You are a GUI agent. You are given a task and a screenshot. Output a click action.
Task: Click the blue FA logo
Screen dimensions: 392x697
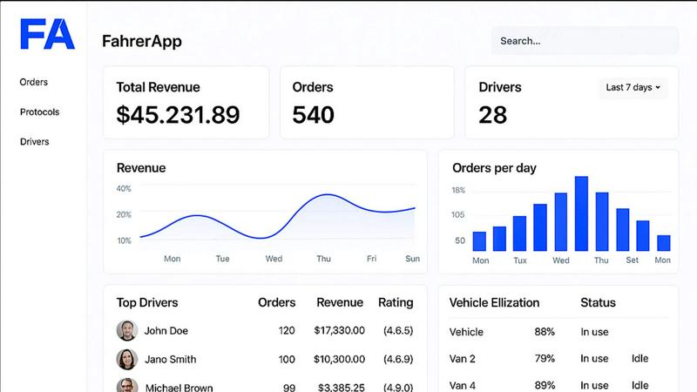tap(48, 34)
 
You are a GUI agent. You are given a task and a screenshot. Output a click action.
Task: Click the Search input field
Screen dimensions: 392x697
tap(584, 41)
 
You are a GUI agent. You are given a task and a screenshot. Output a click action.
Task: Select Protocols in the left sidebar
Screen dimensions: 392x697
tap(39, 112)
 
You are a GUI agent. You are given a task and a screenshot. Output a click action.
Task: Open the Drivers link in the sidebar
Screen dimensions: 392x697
tap(35, 142)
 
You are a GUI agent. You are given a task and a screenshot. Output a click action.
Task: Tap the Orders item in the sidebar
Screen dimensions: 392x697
tap(34, 83)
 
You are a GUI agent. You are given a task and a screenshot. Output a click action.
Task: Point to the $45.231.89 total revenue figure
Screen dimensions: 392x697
tap(178, 115)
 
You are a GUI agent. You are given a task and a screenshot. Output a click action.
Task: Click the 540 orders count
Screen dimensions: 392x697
tap(313, 115)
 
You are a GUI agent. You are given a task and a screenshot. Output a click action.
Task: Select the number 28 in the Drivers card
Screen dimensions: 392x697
tap(493, 115)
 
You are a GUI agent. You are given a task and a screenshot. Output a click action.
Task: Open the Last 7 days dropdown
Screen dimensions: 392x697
tap(633, 88)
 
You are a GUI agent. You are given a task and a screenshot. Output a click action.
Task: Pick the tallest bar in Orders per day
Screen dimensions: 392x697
tap(581, 213)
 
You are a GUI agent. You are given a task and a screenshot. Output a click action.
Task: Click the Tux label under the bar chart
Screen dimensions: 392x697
tap(520, 260)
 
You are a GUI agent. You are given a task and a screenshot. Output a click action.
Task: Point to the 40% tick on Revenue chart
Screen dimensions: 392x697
tap(124, 189)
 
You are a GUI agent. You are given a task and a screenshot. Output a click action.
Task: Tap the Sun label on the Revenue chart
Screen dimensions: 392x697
tap(412, 259)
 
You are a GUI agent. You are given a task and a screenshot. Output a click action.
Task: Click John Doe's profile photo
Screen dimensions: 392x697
tap(126, 331)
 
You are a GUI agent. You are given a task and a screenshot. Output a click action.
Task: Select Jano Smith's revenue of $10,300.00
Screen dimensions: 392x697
tap(341, 360)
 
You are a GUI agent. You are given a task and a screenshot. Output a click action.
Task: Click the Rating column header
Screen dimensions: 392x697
tap(396, 303)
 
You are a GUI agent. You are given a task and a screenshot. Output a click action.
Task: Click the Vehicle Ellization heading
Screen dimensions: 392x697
tap(494, 303)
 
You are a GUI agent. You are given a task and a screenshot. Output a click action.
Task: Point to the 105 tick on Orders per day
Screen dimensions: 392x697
tap(457, 215)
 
